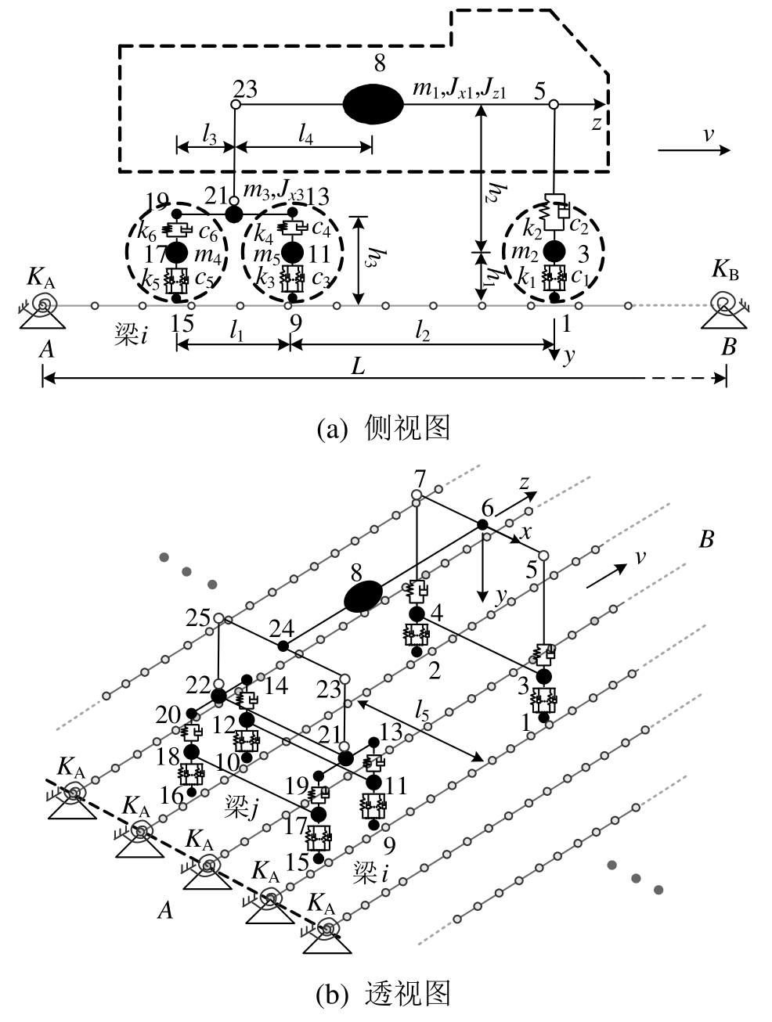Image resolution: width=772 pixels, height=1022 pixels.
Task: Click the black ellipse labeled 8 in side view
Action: pyautogui.click(x=373, y=103)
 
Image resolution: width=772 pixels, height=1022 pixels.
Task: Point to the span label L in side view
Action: pyautogui.click(x=358, y=366)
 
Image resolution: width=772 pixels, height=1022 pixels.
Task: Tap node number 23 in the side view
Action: pyautogui.click(x=245, y=88)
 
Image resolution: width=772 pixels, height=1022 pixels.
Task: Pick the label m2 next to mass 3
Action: pyautogui.click(x=524, y=252)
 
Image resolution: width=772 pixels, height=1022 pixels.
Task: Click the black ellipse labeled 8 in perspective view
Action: pyautogui.click(x=364, y=596)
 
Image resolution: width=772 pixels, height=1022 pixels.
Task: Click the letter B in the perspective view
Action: pyautogui.click(x=706, y=540)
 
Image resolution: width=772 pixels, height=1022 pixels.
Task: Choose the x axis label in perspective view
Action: pyautogui.click(x=526, y=533)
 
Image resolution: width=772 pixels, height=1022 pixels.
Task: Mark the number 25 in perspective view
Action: pyautogui.click(x=199, y=618)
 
